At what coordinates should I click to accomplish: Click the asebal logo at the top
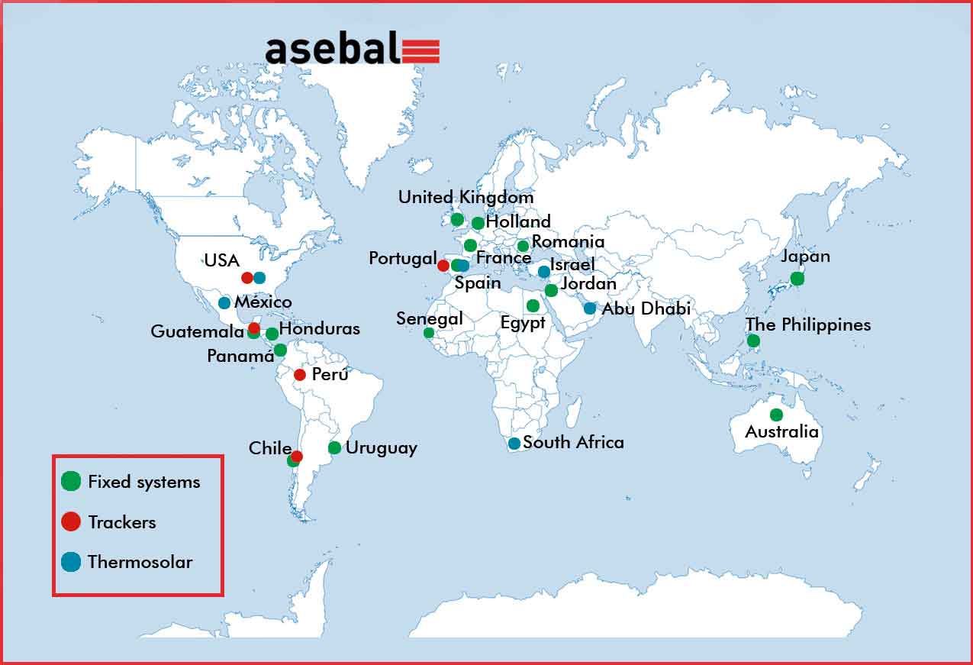[353, 48]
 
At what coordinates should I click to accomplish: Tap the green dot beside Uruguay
[334, 447]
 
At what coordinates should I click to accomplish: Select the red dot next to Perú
[300, 375]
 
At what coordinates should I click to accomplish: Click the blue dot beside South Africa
[514, 444]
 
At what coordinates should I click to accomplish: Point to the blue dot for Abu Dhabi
[590, 308]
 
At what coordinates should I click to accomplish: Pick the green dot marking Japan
[797, 279]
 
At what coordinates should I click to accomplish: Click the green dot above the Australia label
[776, 415]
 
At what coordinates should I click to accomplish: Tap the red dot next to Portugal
[443, 266]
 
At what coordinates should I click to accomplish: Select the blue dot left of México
[224, 303]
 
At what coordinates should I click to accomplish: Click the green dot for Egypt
[533, 305]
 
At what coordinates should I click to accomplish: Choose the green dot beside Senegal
[429, 333]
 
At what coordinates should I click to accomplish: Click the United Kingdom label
[466, 197]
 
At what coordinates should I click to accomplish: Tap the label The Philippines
[808, 325]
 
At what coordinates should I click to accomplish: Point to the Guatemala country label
[197, 331]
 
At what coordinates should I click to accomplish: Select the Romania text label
[569, 242]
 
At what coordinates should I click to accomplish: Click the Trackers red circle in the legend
[71, 521]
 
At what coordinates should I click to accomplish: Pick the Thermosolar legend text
[140, 562]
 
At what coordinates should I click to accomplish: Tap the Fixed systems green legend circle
[71, 481]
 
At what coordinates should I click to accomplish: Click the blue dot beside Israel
[544, 272]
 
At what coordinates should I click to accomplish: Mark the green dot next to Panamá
[280, 350]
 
